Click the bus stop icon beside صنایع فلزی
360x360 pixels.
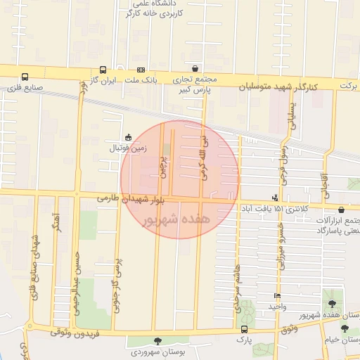click(25, 77)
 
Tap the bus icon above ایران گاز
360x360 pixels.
click(103, 70)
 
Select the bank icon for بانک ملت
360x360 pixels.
click(141, 70)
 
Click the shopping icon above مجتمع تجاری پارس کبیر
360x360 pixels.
click(195, 69)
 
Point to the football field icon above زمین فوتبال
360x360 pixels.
click(127, 138)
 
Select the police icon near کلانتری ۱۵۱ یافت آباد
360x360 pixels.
click(274, 198)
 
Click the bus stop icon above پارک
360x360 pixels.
click(244, 329)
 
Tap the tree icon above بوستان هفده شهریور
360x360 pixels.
click(331, 304)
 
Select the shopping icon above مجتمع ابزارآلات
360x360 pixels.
click(341, 209)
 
